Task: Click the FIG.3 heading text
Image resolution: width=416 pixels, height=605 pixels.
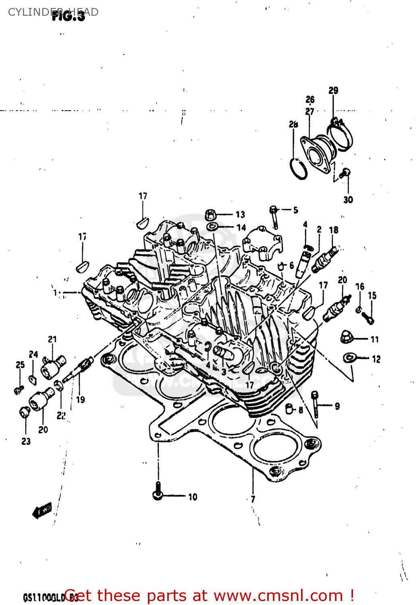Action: pyautogui.click(x=69, y=16)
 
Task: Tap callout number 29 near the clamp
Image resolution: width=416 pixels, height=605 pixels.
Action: pyautogui.click(x=333, y=90)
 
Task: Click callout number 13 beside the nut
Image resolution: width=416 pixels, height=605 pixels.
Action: pyautogui.click(x=240, y=215)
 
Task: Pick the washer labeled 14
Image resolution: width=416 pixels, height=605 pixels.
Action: pyautogui.click(x=212, y=227)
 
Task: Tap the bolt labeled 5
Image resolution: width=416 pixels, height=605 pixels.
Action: pyautogui.click(x=274, y=216)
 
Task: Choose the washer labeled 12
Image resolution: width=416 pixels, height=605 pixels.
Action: pyautogui.click(x=349, y=357)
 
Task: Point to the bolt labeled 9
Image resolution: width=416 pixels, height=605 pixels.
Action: pyautogui.click(x=315, y=405)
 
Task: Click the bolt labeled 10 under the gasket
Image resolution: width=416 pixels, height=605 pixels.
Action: pyautogui.click(x=158, y=491)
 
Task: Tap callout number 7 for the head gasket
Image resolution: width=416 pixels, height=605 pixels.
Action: pyautogui.click(x=253, y=499)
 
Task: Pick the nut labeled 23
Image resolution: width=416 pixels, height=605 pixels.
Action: pyautogui.click(x=25, y=412)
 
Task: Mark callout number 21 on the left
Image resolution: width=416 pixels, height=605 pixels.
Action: pyautogui.click(x=52, y=339)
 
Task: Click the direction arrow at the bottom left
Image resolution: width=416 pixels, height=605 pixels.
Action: pyautogui.click(x=42, y=511)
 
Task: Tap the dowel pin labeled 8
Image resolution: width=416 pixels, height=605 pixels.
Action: pyautogui.click(x=289, y=408)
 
